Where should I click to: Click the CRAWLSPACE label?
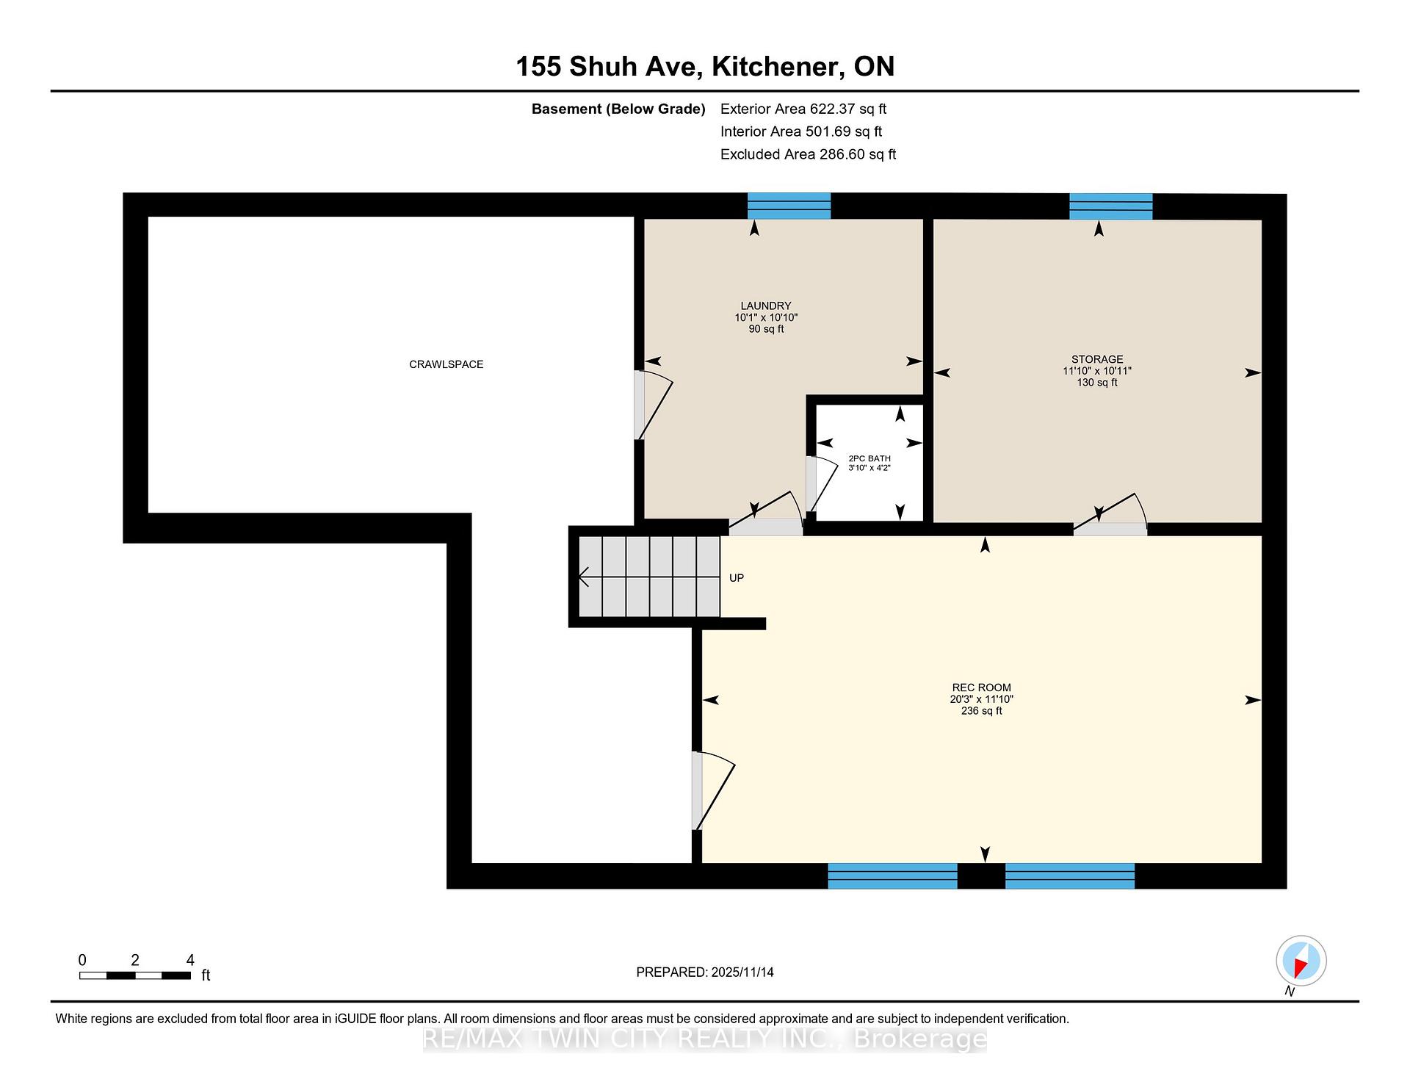pyautogui.click(x=446, y=364)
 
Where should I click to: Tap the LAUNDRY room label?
pyautogui.click(x=766, y=306)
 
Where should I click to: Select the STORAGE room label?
pyautogui.click(x=1097, y=359)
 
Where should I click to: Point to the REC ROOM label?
pyautogui.click(x=981, y=687)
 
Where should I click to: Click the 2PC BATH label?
pyautogui.click(x=869, y=458)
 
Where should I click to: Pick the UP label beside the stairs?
pyautogui.click(x=737, y=578)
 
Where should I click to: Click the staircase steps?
pyautogui.click(x=649, y=577)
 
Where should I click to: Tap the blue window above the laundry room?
pyautogui.click(x=789, y=206)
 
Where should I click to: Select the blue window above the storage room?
pyautogui.click(x=1111, y=206)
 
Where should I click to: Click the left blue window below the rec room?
pyautogui.click(x=892, y=876)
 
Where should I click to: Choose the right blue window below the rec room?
pyautogui.click(x=1070, y=876)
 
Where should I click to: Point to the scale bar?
pyautogui.click(x=135, y=975)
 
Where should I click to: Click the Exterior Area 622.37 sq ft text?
pyautogui.click(x=803, y=109)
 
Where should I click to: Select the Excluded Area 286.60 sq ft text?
pyautogui.click(x=808, y=154)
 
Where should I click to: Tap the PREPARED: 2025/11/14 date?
pyautogui.click(x=705, y=972)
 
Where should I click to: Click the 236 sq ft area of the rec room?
pyautogui.click(x=981, y=711)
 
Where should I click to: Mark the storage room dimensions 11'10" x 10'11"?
pyautogui.click(x=1097, y=371)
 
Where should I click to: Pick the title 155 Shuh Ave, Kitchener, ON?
pyautogui.click(x=705, y=66)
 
